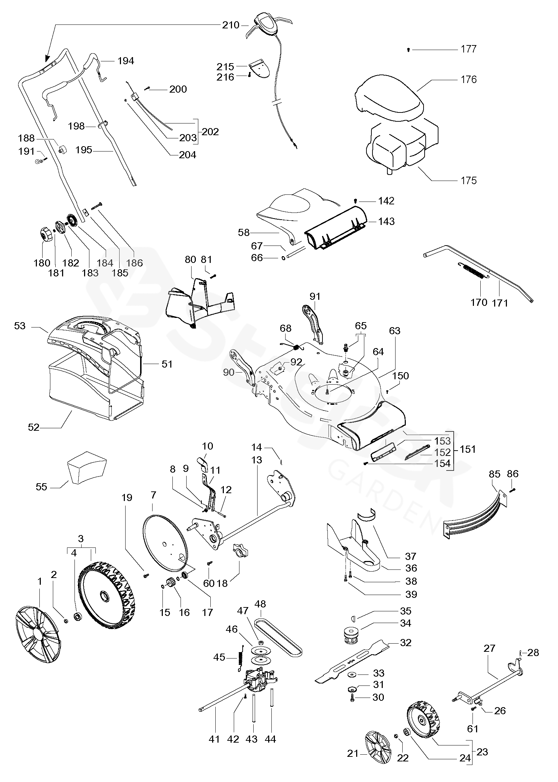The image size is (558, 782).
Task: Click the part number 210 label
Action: (231, 25)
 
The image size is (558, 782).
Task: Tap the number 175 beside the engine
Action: (469, 181)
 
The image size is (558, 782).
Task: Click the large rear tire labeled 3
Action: (106, 596)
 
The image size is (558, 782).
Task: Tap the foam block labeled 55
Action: (87, 469)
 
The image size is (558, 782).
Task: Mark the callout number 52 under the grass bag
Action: (34, 428)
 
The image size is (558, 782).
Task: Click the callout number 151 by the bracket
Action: (468, 449)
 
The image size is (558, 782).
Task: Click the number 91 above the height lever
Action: (315, 297)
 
